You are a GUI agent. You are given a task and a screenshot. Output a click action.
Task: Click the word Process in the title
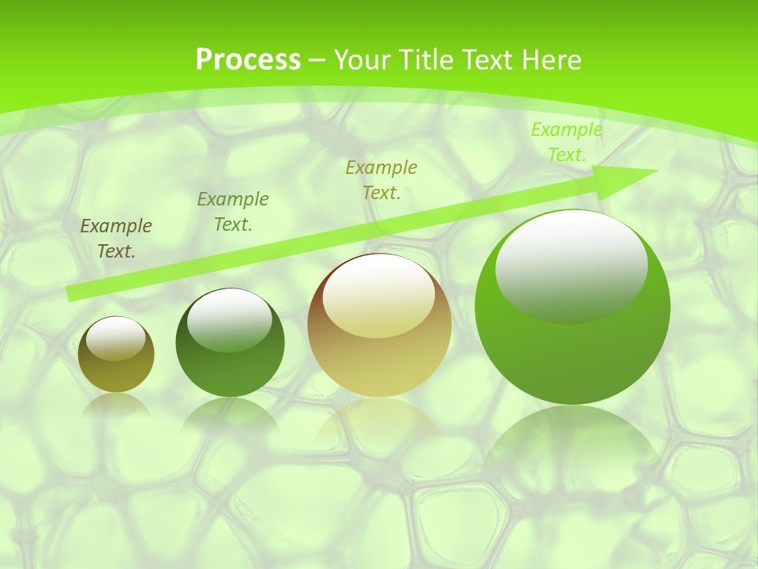tap(248, 60)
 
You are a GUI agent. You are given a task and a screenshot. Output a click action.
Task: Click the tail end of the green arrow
tap(71, 293)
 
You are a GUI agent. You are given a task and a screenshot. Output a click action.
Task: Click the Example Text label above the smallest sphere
tap(116, 239)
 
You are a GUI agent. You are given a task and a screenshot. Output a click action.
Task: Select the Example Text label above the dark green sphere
tap(233, 212)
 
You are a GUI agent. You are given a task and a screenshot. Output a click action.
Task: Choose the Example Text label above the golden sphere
tap(381, 179)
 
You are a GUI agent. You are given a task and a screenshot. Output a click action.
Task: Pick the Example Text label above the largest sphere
tap(566, 142)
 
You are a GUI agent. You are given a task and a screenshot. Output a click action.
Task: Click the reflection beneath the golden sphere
tap(379, 419)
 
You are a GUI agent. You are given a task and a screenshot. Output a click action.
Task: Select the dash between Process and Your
tap(317, 60)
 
